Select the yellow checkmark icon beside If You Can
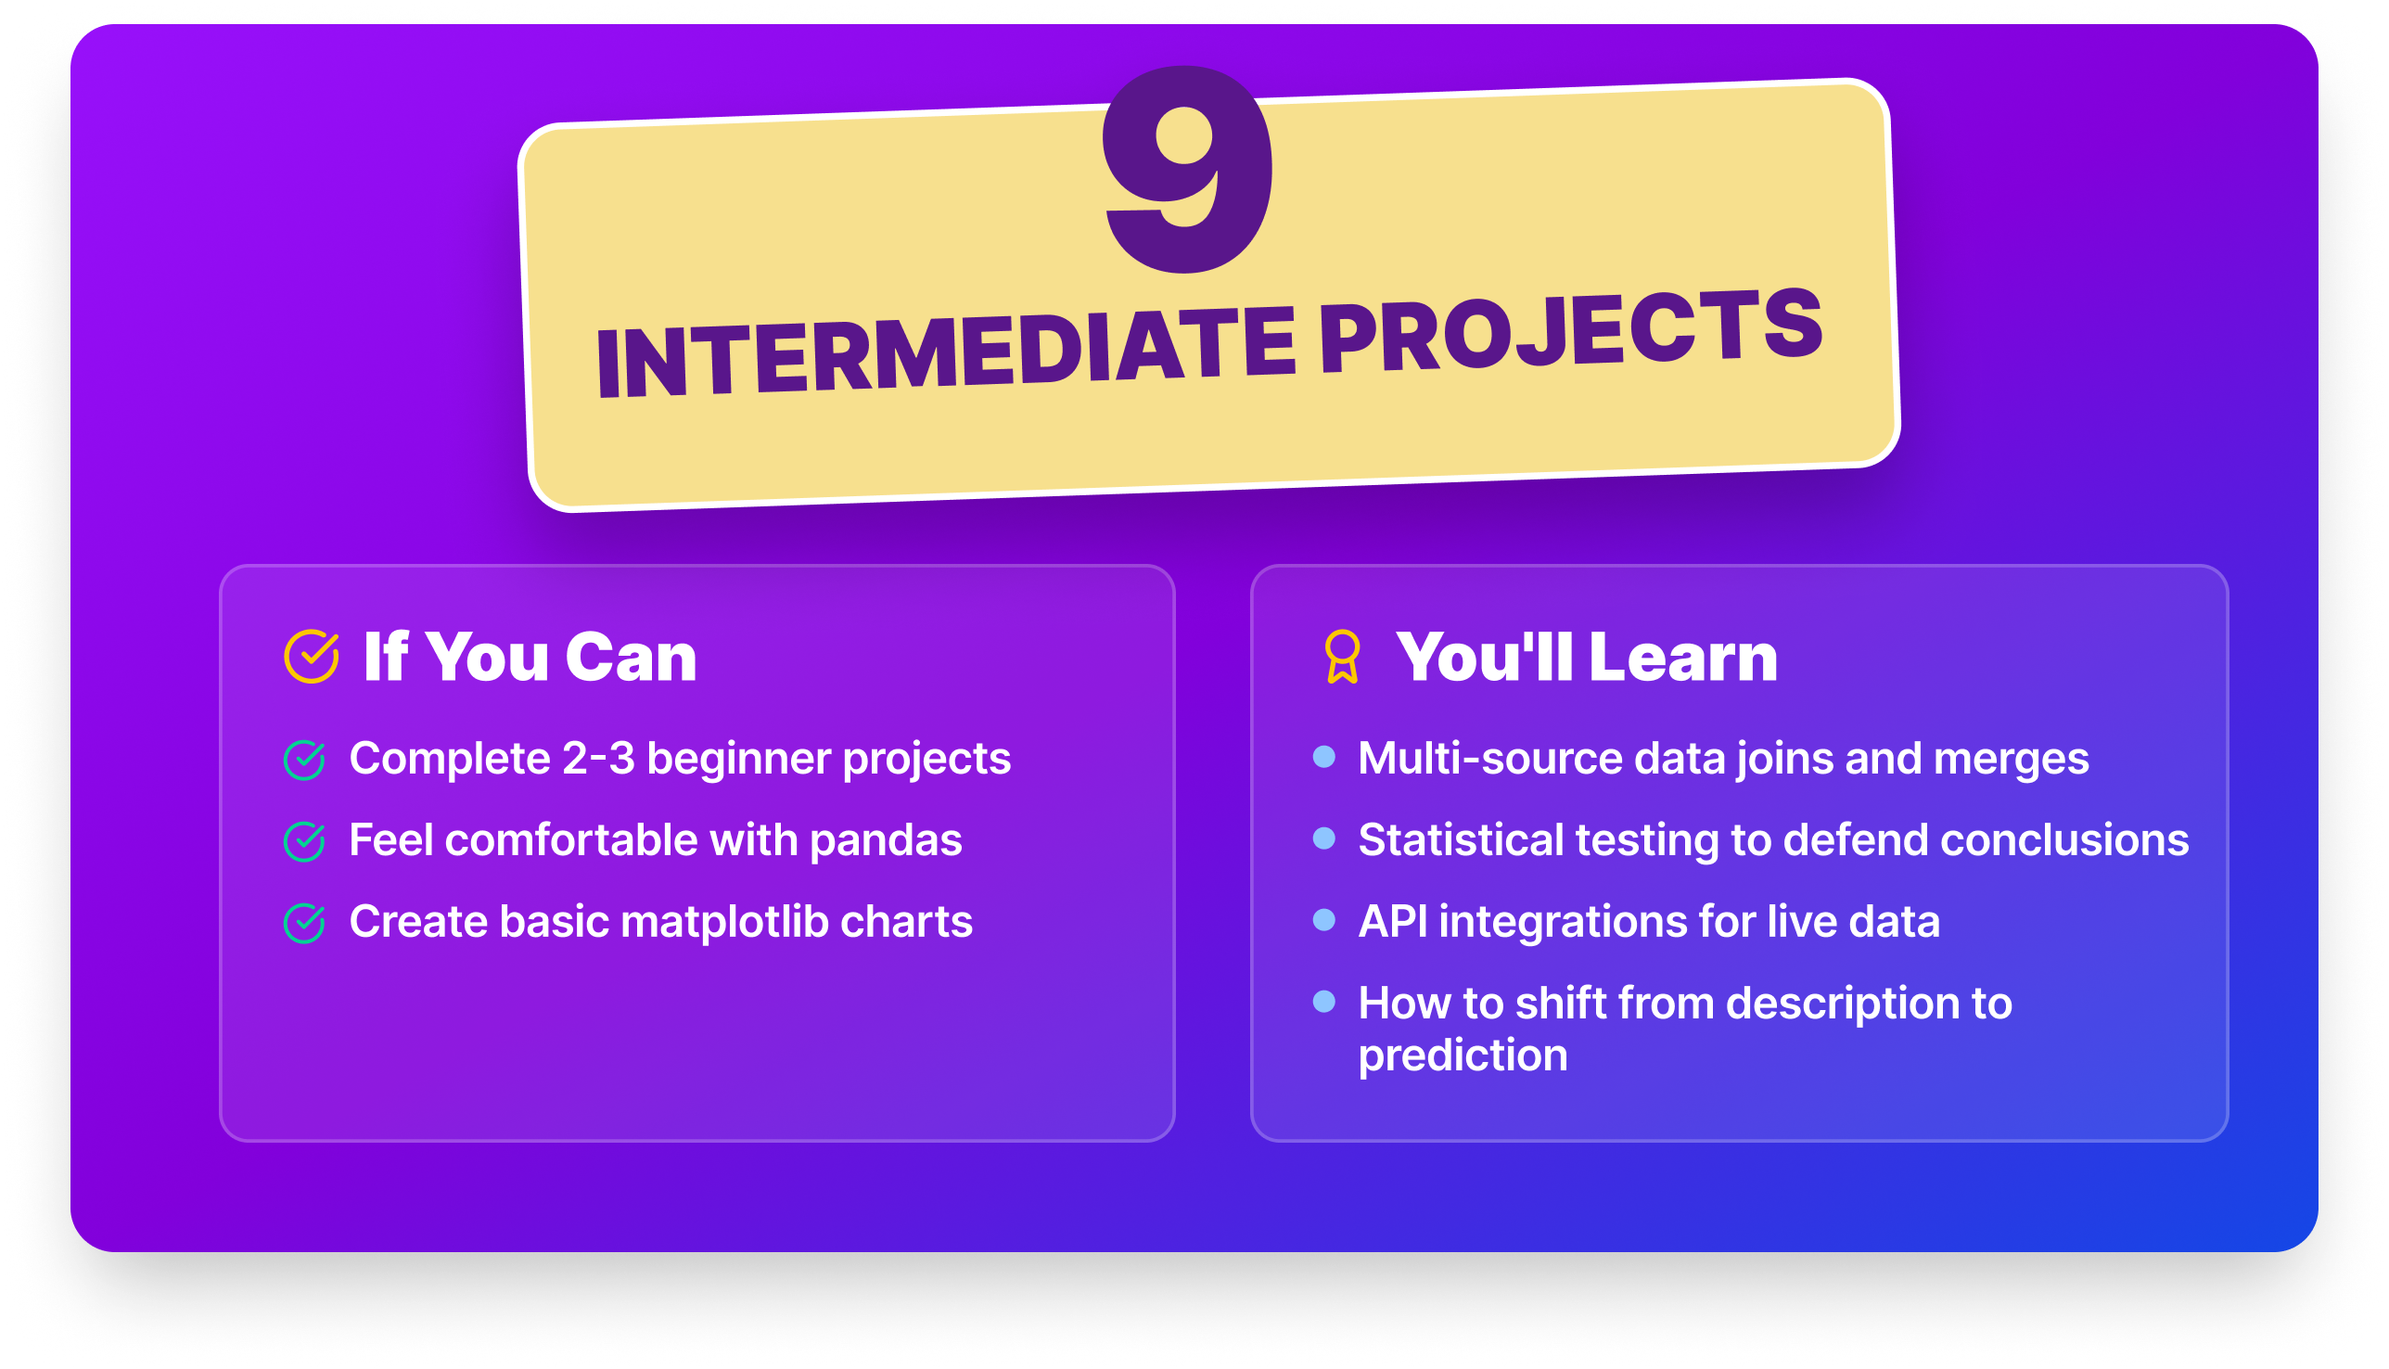pos(312,657)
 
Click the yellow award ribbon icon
pos(1342,657)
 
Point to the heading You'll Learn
pos(1586,657)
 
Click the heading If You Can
pos(530,657)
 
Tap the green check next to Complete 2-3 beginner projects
pos(304,760)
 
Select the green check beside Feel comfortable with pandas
pos(304,841)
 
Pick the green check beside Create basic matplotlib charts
pos(304,923)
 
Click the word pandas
pos(885,840)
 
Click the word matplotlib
pos(724,921)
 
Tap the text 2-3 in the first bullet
pos(598,758)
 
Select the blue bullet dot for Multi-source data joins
pos(1323,757)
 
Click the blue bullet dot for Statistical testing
pos(1323,838)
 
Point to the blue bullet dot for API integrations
pos(1323,919)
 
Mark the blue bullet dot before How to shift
pos(1323,1002)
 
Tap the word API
pos(1392,921)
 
